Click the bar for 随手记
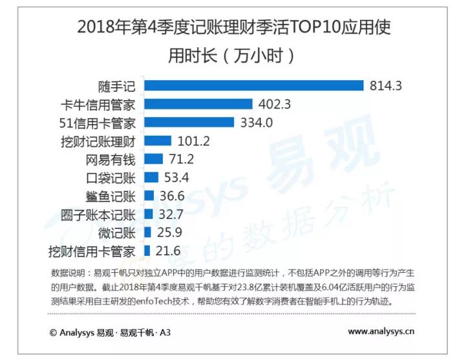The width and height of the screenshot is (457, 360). (x=253, y=85)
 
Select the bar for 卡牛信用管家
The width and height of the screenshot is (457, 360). (x=198, y=104)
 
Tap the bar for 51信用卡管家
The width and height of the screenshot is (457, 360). (x=188, y=122)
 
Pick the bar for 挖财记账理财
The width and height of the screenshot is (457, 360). (x=157, y=141)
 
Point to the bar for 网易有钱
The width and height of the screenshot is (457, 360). (x=153, y=159)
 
